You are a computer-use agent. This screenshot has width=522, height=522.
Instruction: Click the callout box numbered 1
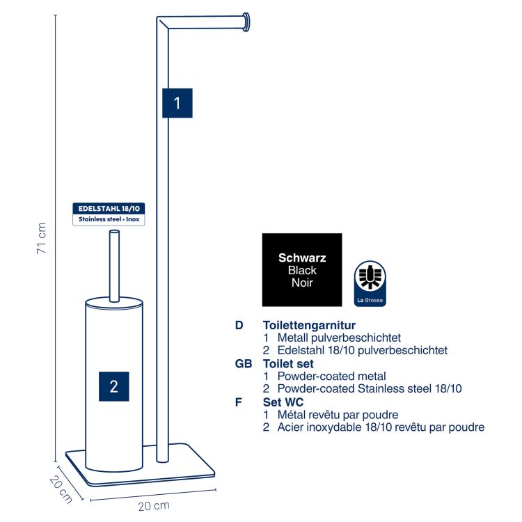[177, 103]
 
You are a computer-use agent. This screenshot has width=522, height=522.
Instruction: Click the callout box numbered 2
[114, 386]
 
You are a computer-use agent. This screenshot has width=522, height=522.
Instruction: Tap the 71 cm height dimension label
[42, 238]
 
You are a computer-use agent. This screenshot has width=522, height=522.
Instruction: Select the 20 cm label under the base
[154, 506]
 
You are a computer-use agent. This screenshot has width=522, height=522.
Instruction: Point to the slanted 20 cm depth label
[61, 489]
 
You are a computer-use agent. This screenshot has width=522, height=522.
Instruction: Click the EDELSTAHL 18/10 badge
[109, 214]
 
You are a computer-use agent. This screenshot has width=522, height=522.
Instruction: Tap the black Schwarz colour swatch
[302, 269]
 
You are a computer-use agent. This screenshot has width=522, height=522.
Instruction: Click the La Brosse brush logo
[370, 283]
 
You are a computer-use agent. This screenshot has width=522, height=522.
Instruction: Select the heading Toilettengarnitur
[309, 325]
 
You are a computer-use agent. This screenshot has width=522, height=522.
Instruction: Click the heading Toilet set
[288, 363]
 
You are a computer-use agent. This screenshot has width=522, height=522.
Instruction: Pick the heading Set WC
[283, 402]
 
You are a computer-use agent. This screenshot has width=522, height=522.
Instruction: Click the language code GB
[244, 363]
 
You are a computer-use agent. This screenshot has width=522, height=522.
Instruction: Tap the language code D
[239, 325]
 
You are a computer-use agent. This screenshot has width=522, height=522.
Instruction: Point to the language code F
[238, 402]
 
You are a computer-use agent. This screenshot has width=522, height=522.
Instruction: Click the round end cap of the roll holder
[246, 22]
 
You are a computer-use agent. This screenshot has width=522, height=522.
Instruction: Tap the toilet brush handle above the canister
[114, 266]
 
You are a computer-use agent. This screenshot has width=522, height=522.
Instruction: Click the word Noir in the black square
[302, 283]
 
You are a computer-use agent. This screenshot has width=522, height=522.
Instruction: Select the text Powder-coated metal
[331, 376]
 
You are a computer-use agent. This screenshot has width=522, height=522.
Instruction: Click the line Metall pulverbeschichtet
[339, 338]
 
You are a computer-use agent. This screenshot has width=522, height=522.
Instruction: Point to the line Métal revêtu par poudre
[338, 415]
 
